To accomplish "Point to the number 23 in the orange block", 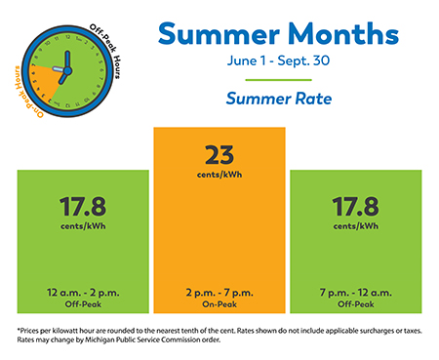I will pyautogui.click(x=219, y=154).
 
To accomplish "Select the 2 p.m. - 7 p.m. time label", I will pyautogui.click(x=219, y=292).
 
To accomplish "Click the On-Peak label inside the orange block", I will pyautogui.click(x=219, y=302).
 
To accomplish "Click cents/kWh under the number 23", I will pyautogui.click(x=219, y=177).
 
